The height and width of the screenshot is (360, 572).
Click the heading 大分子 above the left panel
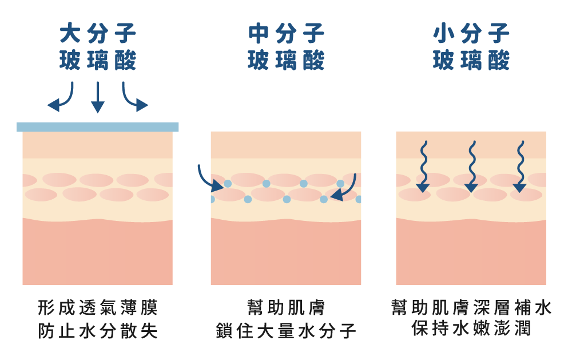98,34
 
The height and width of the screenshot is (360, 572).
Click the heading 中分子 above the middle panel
286,34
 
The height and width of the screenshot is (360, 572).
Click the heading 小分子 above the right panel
471,34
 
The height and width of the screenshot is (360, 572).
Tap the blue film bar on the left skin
98,126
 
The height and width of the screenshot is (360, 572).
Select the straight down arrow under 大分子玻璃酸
98,97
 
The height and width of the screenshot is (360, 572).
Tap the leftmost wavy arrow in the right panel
423,166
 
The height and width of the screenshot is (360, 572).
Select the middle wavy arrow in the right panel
471,166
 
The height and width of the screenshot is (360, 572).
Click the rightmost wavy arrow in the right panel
520,166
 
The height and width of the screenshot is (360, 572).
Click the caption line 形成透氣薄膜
98,308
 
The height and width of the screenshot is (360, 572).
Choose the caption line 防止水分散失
98,331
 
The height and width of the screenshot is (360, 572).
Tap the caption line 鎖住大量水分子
286,331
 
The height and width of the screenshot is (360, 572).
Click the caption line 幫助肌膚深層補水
471,308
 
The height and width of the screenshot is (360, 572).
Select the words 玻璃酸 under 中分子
286,60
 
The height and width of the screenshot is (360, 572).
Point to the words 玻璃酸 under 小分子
471,60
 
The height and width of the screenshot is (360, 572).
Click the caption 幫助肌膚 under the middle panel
286,308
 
